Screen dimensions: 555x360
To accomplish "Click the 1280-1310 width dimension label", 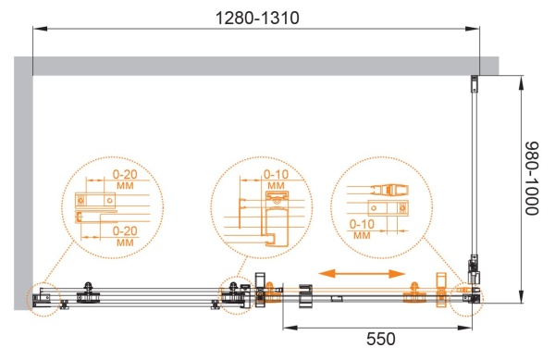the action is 257,18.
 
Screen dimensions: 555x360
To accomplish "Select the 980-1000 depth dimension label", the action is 531,179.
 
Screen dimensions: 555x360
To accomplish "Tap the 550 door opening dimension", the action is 381,339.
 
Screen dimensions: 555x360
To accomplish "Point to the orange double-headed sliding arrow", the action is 362,274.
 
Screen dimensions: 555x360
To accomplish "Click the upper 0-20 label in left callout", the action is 125,174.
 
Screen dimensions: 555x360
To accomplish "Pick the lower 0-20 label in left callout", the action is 125,230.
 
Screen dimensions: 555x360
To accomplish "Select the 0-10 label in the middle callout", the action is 276,174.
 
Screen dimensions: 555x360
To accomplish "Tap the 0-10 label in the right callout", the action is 362,224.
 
